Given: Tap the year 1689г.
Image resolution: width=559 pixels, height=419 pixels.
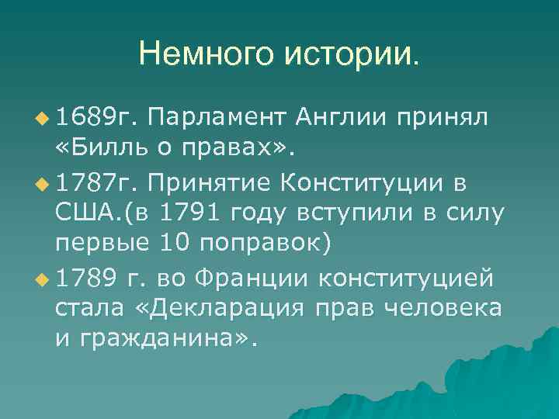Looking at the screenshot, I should pyautogui.click(x=95, y=118).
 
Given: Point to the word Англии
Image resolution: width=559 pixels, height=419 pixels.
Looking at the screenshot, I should pyautogui.click(x=341, y=118).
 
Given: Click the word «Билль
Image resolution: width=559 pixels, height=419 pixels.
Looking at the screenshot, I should pyautogui.click(x=97, y=147).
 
